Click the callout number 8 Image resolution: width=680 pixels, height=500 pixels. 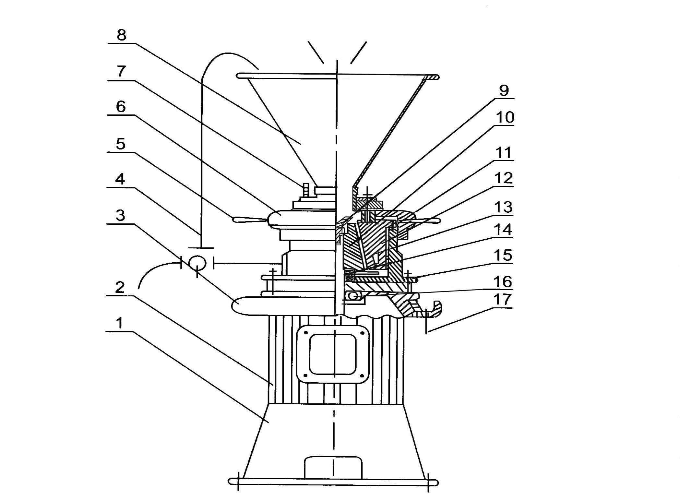pos(121,35)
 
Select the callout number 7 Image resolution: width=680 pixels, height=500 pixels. pos(121,71)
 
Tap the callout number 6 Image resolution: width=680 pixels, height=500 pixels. pos(121,106)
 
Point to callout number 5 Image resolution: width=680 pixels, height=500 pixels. pos(121,144)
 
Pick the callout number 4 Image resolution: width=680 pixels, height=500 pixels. pos(120,179)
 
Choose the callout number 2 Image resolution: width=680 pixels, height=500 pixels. pos(120,287)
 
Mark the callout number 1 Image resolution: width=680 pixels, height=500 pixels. pos(120,323)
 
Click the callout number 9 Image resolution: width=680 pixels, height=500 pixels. pos(504,90)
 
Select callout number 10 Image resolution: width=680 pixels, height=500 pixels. pos(505,117)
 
